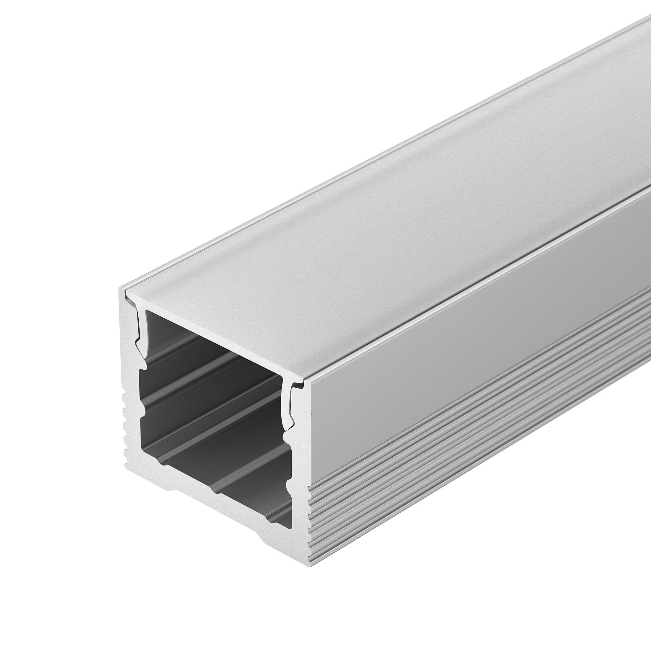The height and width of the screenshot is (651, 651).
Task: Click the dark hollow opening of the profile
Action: click(x=216, y=404)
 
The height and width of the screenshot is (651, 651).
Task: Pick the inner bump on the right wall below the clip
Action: click(x=286, y=438)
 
